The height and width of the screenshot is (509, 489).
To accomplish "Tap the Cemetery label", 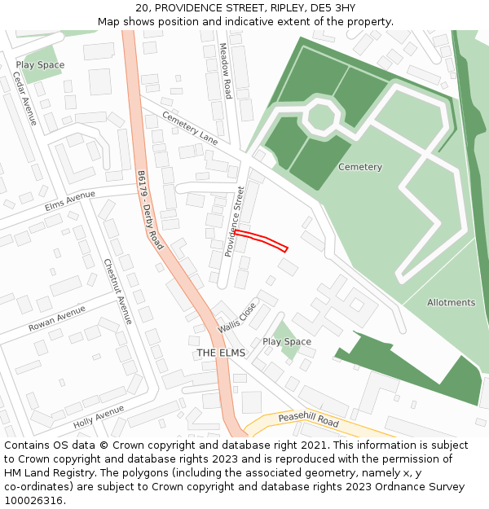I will click(x=360, y=167).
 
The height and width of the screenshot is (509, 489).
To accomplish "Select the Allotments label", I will click(x=451, y=303).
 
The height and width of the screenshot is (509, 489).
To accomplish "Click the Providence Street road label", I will click(x=236, y=222).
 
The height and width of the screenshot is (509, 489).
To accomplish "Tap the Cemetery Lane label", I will click(x=190, y=128).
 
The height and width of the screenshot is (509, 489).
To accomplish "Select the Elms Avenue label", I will click(x=70, y=200).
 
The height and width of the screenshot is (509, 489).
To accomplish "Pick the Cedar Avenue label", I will click(x=24, y=99).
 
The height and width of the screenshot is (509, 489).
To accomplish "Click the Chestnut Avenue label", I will click(x=117, y=292).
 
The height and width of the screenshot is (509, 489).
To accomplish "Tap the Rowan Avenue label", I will click(x=57, y=318).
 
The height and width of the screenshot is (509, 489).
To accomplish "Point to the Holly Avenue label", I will click(x=99, y=418).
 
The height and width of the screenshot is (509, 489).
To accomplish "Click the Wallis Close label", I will click(x=237, y=317).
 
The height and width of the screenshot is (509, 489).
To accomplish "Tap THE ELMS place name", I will click(x=220, y=353).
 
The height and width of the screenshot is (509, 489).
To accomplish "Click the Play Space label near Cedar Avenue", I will click(x=40, y=64).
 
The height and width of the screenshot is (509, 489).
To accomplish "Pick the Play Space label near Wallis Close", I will click(x=287, y=341).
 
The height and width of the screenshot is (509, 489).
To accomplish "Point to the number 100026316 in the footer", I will click(x=33, y=501).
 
